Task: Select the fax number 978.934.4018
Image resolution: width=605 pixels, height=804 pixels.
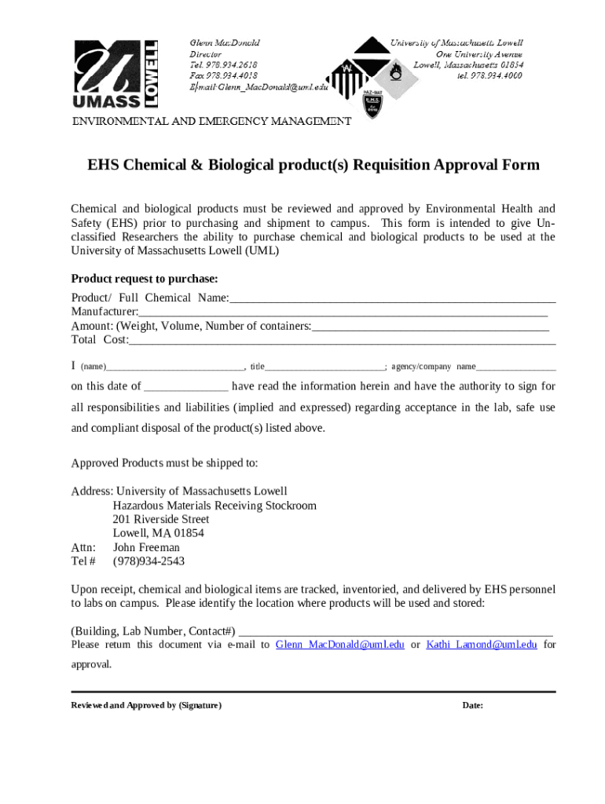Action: (223, 75)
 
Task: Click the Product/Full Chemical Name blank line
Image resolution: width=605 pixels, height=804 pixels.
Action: (392, 298)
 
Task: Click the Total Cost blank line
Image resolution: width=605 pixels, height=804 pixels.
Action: (342, 341)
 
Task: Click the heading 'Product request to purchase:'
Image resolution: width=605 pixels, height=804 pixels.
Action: (145, 279)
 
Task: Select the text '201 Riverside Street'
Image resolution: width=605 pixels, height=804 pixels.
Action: (161, 520)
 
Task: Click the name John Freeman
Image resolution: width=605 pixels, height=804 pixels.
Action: (146, 547)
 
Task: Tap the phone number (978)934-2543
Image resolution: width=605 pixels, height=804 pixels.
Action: (149, 561)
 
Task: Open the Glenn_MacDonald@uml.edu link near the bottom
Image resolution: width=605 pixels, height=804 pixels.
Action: (340, 645)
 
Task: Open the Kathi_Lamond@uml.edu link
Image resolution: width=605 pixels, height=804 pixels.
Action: (482, 645)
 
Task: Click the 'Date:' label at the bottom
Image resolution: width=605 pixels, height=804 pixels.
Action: (472, 706)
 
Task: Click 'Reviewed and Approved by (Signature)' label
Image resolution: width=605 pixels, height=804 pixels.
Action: (146, 706)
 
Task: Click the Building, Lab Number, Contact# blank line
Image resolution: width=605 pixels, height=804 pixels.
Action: (395, 632)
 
